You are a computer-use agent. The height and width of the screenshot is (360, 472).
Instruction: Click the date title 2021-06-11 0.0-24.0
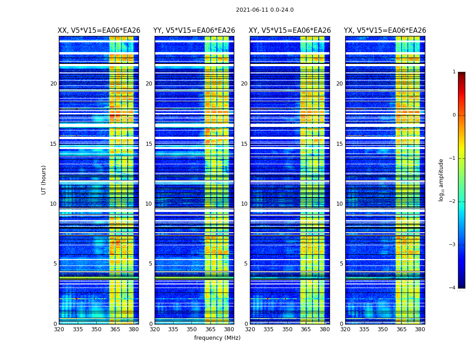coord(265,10)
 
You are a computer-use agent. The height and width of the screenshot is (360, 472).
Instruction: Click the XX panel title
coord(99,31)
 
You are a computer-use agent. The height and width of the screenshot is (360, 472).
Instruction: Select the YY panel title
coord(194,31)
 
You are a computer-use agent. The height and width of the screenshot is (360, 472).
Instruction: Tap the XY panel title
coord(290,31)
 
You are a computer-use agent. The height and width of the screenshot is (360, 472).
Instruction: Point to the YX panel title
coord(385,31)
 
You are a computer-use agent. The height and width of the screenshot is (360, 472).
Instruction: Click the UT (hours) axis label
coord(44,180)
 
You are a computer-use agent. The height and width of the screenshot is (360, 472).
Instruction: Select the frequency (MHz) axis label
coord(217,338)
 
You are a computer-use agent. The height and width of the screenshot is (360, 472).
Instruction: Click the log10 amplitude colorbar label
coord(441,180)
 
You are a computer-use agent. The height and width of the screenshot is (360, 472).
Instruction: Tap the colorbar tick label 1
coord(454,72)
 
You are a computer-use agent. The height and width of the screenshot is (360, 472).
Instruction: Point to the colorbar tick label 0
coord(454,115)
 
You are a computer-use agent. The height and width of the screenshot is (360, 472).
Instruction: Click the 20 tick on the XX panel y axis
coord(53,84)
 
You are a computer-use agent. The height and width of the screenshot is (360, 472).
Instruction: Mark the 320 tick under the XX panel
coord(59,329)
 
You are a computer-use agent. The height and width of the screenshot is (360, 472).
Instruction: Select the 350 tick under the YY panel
coord(191,329)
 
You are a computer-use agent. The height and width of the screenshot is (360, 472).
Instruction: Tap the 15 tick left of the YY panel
coord(149,144)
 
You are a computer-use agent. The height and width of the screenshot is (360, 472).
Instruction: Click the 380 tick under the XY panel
coord(325,329)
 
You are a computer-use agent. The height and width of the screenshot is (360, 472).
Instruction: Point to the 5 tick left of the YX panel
coord(341,264)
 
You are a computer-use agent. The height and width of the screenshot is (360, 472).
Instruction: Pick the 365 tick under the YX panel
coord(401,329)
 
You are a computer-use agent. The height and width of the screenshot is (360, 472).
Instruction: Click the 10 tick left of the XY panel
coord(244,204)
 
